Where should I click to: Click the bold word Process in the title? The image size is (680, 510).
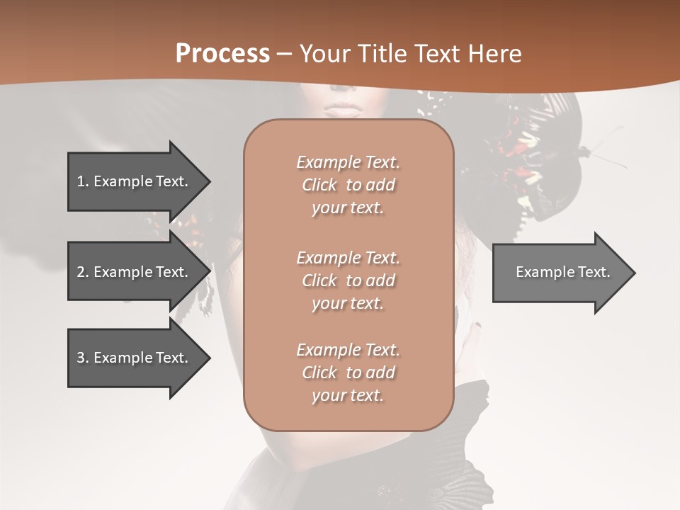tap(222, 53)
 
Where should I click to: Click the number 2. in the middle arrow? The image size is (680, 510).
tap(82, 272)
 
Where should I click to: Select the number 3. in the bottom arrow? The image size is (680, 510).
tap(82, 358)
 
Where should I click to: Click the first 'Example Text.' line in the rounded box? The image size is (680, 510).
tap(348, 162)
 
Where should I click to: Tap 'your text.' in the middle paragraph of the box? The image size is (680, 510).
tap(348, 303)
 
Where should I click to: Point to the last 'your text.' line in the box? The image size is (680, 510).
tap(348, 395)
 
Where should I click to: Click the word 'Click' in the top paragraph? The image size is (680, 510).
tap(319, 185)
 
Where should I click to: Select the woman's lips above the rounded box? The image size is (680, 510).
tap(345, 110)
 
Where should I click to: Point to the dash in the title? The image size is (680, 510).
tap(285, 54)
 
